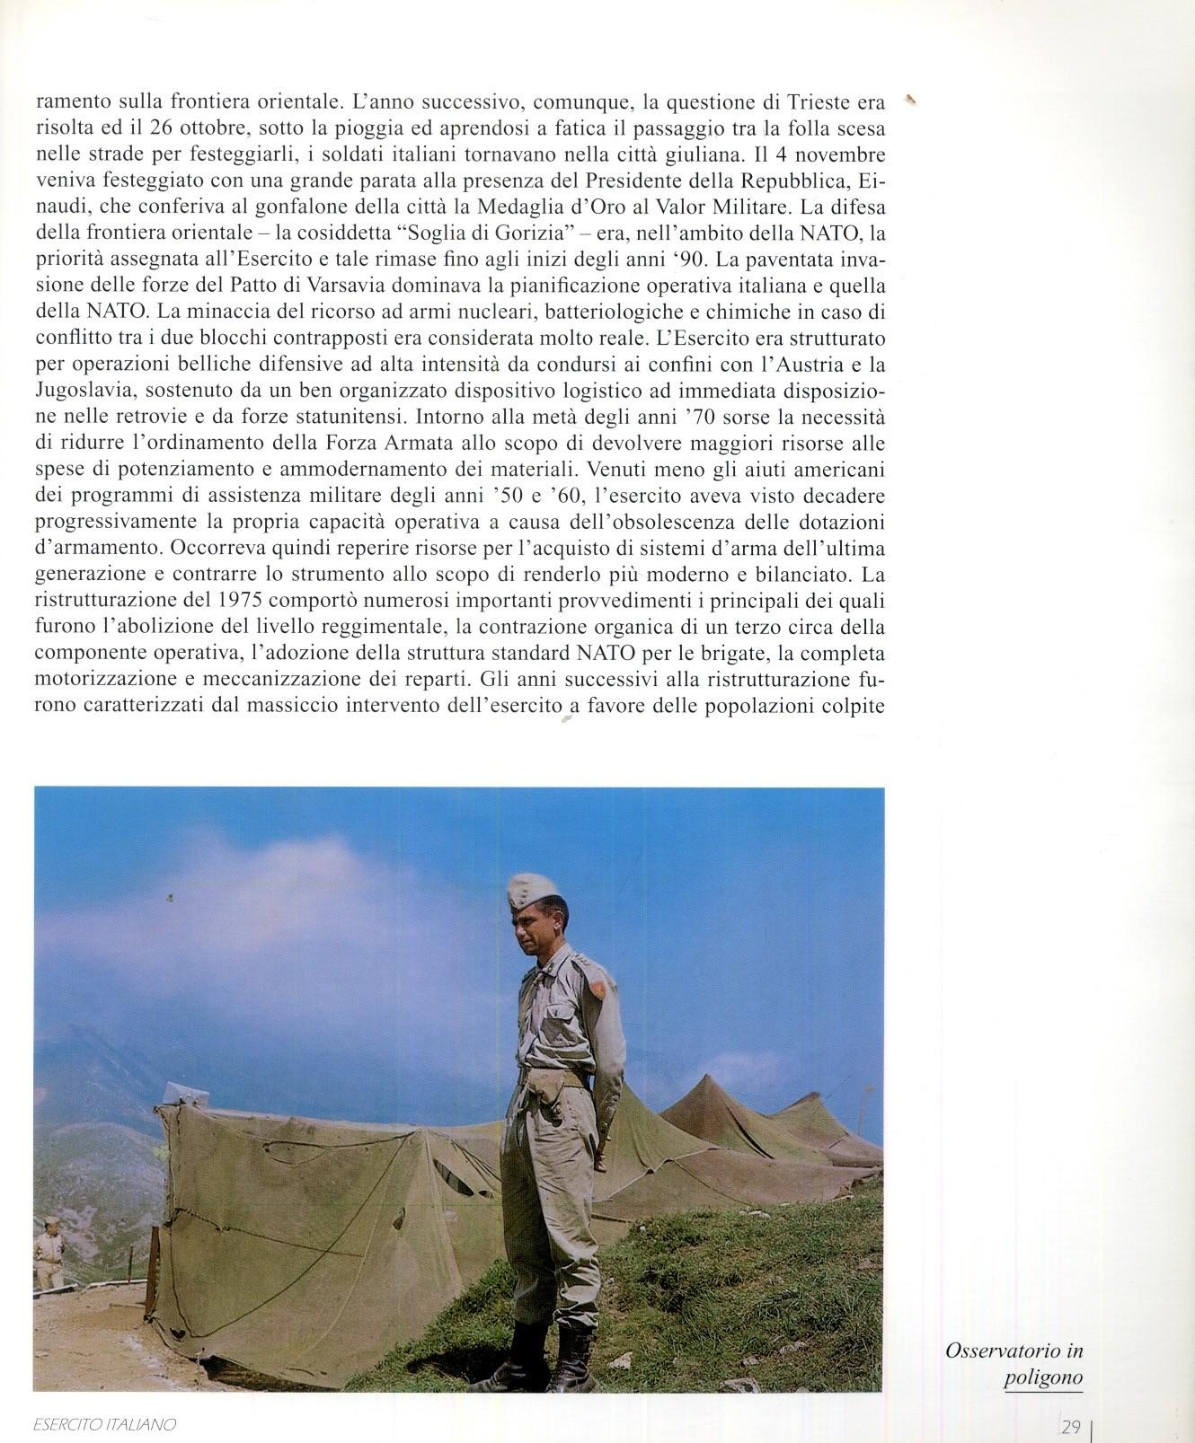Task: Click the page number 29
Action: [x=1069, y=1427]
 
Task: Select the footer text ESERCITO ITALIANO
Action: [x=103, y=1425]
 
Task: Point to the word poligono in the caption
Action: [x=1042, y=1378]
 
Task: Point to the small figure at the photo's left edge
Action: [x=48, y=1257]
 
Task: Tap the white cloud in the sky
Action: [x=297, y=862]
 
